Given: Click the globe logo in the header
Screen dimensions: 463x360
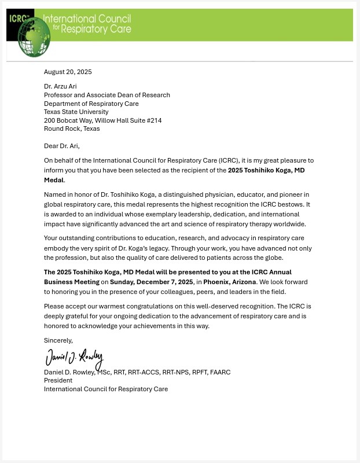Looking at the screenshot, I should (x=34, y=37).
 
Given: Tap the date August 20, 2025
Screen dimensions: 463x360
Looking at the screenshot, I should (x=68, y=72).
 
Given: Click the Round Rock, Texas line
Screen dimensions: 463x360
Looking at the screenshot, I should (x=72, y=128).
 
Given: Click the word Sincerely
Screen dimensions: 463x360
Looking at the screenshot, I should (x=58, y=340).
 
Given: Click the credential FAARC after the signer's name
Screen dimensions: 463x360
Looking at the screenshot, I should (x=220, y=372).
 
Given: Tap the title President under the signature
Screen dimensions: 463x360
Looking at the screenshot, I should (x=58, y=380).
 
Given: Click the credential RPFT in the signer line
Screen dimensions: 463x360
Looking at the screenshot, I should (x=196, y=372).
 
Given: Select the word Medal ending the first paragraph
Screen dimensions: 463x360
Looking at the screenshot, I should (x=53, y=180).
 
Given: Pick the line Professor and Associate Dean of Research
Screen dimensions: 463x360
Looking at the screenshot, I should (x=107, y=95).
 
